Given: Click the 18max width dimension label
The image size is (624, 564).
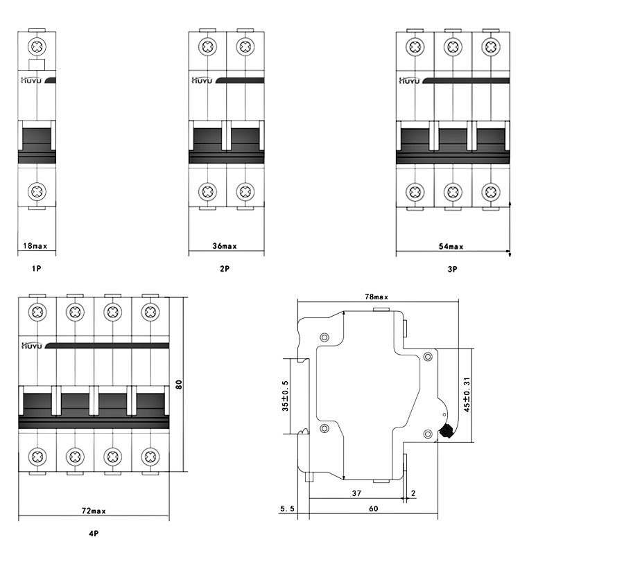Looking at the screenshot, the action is coord(35,246).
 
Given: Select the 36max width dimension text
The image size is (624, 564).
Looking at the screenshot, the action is coord(225,246).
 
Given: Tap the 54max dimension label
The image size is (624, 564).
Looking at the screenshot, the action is coord(451,247).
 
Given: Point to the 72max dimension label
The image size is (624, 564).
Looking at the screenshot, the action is coord(94,511).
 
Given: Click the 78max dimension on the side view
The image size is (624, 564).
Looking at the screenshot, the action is coord(376,297).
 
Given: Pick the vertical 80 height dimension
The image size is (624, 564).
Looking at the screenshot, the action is coord(179,385).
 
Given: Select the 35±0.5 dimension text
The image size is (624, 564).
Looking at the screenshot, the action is coord(285,396).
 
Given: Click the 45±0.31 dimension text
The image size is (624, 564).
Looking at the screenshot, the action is coord(467,394).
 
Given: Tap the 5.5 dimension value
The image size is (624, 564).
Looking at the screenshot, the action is coord(287,509).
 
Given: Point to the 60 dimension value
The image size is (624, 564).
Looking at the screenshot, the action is coord(373,509).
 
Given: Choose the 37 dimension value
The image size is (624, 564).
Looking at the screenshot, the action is coord(356,493).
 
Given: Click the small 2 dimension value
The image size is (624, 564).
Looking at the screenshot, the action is coord(413,493).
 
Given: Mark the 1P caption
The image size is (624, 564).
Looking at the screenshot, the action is coord(36,268).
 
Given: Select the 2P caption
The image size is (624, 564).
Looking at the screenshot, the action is coord(225,268).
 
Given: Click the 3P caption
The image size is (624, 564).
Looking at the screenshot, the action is coord(453,270).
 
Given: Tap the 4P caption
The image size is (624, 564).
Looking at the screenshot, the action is coord(94,534).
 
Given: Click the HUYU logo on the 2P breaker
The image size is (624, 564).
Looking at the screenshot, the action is coord(202,80).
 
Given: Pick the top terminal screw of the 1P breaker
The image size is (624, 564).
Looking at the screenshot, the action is coord(37,47).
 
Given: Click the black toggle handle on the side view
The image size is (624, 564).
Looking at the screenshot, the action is coord(445,431).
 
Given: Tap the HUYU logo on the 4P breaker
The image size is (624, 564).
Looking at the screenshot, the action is coord(31,346).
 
